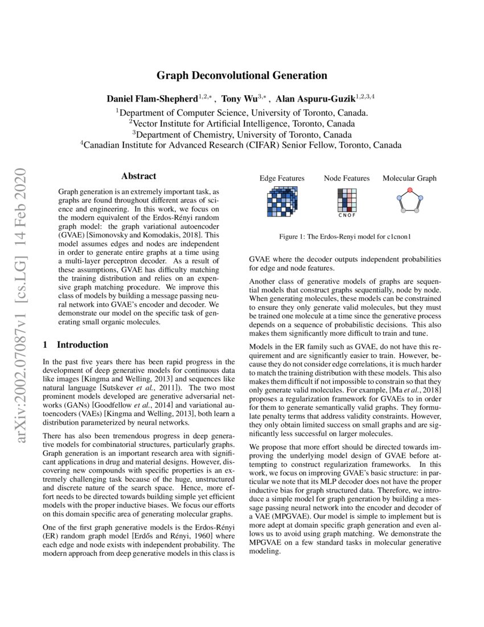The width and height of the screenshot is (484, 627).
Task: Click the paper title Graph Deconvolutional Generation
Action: click(242, 75)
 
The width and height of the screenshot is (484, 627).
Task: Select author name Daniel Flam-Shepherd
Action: click(150, 99)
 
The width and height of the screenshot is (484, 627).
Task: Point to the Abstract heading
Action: click(138, 177)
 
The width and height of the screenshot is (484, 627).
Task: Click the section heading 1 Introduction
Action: click(76, 345)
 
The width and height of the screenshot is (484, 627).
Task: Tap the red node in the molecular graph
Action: click(409, 190)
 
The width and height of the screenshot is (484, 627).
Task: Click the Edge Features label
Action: click(282, 178)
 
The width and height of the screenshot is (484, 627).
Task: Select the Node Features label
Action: click(347, 178)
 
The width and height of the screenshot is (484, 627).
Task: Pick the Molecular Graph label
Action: click(409, 178)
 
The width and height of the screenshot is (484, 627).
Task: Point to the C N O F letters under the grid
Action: click(347, 216)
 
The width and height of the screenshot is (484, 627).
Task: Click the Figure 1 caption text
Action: click(345, 236)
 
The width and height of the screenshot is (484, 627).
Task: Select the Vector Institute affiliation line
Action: click(242, 123)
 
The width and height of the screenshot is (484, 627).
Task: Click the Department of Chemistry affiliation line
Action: click(242, 134)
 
